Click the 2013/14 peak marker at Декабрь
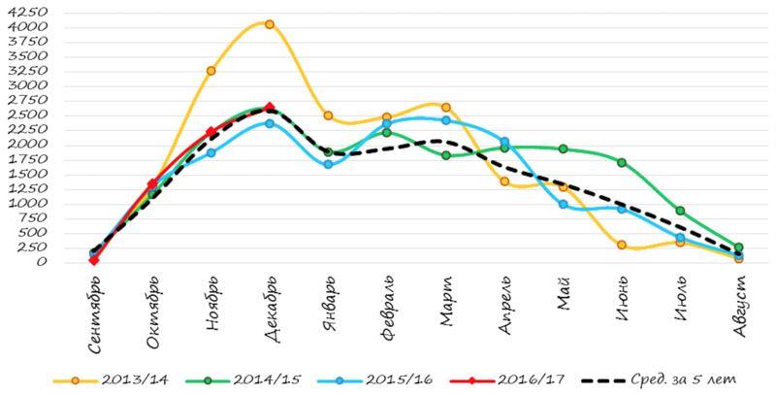[269, 24]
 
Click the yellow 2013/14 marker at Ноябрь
[210, 71]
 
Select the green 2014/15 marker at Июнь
[621, 162]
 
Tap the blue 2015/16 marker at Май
[563, 204]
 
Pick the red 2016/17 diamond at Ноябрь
[210, 133]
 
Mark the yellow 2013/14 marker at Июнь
[621, 246]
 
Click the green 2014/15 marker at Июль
[680, 211]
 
